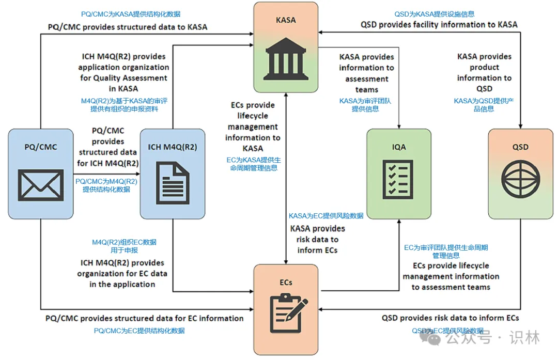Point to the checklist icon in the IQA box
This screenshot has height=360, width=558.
pyautogui.click(x=398, y=180)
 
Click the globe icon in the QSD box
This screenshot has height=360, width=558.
pyautogui.click(x=520, y=180)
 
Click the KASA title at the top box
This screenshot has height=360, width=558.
pyautogui.click(x=286, y=20)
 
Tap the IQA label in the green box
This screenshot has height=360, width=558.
pyautogui.click(x=398, y=147)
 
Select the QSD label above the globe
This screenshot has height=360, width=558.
pyautogui.click(x=520, y=147)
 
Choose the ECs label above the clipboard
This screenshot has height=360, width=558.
pyautogui.click(x=286, y=283)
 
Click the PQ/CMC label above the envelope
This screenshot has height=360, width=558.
pyautogui.click(x=41, y=147)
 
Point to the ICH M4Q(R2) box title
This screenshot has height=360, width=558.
pyautogui.click(x=173, y=147)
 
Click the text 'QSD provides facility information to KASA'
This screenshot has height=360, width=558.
pyautogui.click(x=439, y=24)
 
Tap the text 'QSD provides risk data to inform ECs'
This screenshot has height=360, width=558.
pyautogui.click(x=450, y=318)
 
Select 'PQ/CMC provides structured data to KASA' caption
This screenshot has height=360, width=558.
pyautogui.click(x=128, y=27)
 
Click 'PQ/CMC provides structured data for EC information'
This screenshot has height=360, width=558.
pyautogui.click(x=144, y=318)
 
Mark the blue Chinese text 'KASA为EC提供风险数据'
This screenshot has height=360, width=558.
pyautogui.click(x=326, y=216)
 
